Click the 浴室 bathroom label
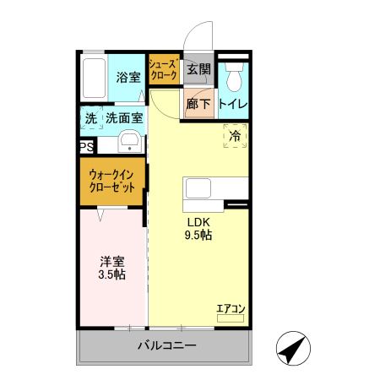click(128, 76)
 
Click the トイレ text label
click(232, 104)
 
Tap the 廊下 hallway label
click(198, 104)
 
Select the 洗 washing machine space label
click(90, 119)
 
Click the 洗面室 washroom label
click(123, 119)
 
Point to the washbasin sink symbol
click(129, 141)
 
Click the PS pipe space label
click(86, 146)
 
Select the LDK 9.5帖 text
click(198, 229)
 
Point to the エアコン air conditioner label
click(230, 308)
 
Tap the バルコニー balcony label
click(166, 346)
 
